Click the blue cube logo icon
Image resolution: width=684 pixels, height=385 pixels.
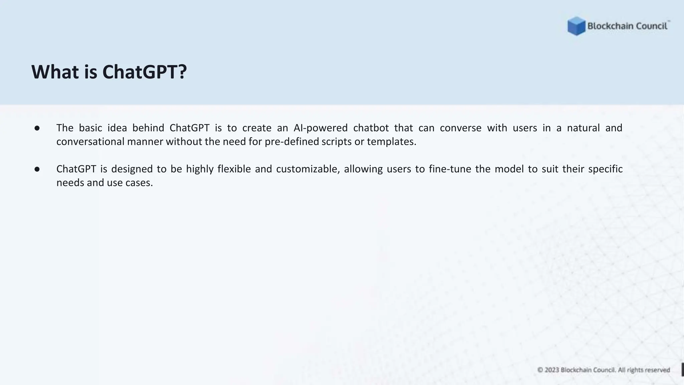tap(576, 26)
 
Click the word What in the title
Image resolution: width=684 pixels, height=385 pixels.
tap(55, 72)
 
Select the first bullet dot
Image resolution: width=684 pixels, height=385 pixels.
tap(37, 128)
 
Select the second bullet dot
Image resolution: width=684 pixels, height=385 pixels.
tap(37, 169)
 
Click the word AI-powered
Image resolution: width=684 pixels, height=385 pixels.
tap(321, 128)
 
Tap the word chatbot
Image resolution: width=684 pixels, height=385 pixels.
tap(371, 128)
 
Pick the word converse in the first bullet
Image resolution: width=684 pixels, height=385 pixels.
tap(461, 128)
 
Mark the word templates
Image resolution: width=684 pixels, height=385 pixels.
tap(391, 142)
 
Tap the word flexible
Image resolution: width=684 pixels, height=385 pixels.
tap(234, 169)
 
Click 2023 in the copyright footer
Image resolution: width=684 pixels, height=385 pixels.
tap(552, 370)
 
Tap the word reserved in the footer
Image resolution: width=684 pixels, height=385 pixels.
tap(657, 370)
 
